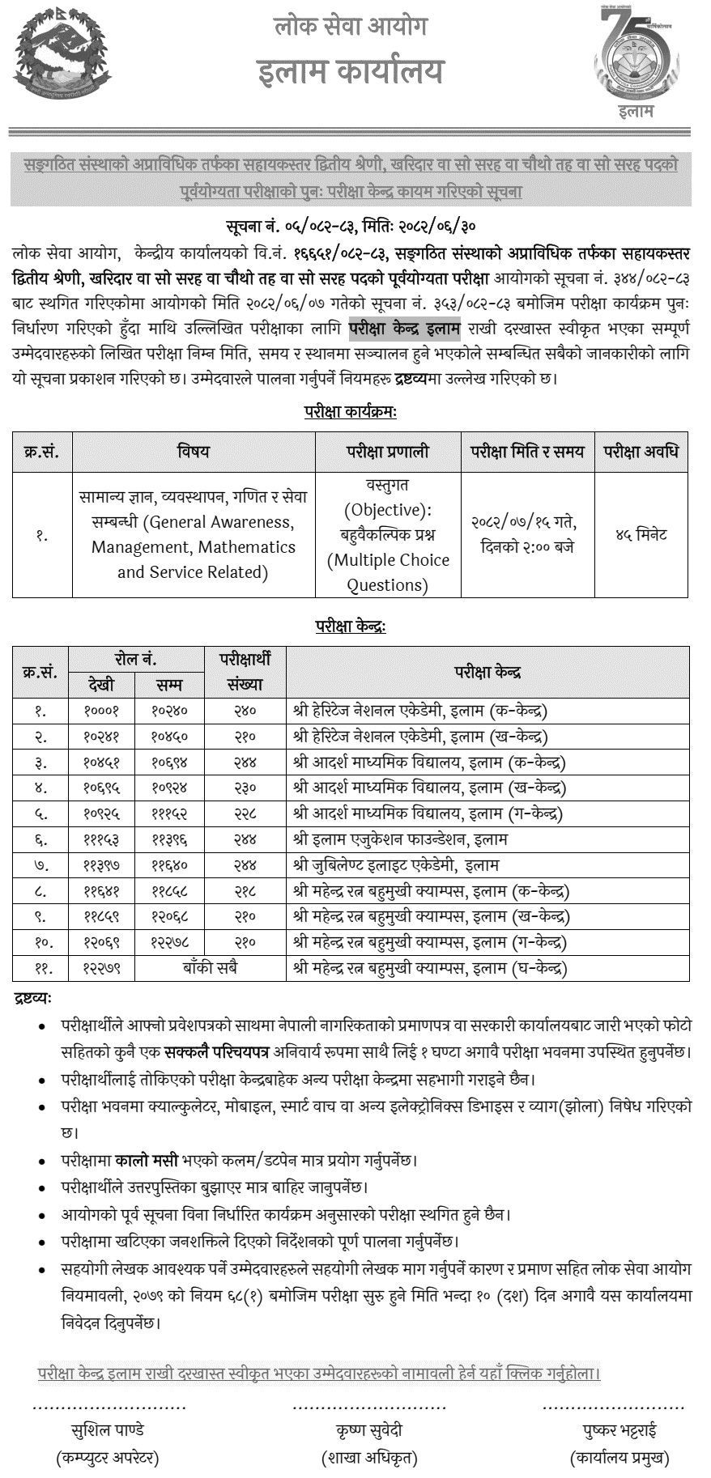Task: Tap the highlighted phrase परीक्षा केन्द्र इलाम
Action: coord(405,329)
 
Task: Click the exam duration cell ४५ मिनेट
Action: coord(641,535)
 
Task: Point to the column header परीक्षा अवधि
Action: coord(641,452)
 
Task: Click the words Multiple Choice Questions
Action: coord(388,571)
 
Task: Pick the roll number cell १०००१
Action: coord(101,711)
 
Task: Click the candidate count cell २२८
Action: coord(245,813)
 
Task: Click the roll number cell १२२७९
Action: coord(101,968)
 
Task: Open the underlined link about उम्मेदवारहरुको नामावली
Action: coord(319,1373)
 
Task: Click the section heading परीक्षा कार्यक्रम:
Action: coord(350,412)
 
